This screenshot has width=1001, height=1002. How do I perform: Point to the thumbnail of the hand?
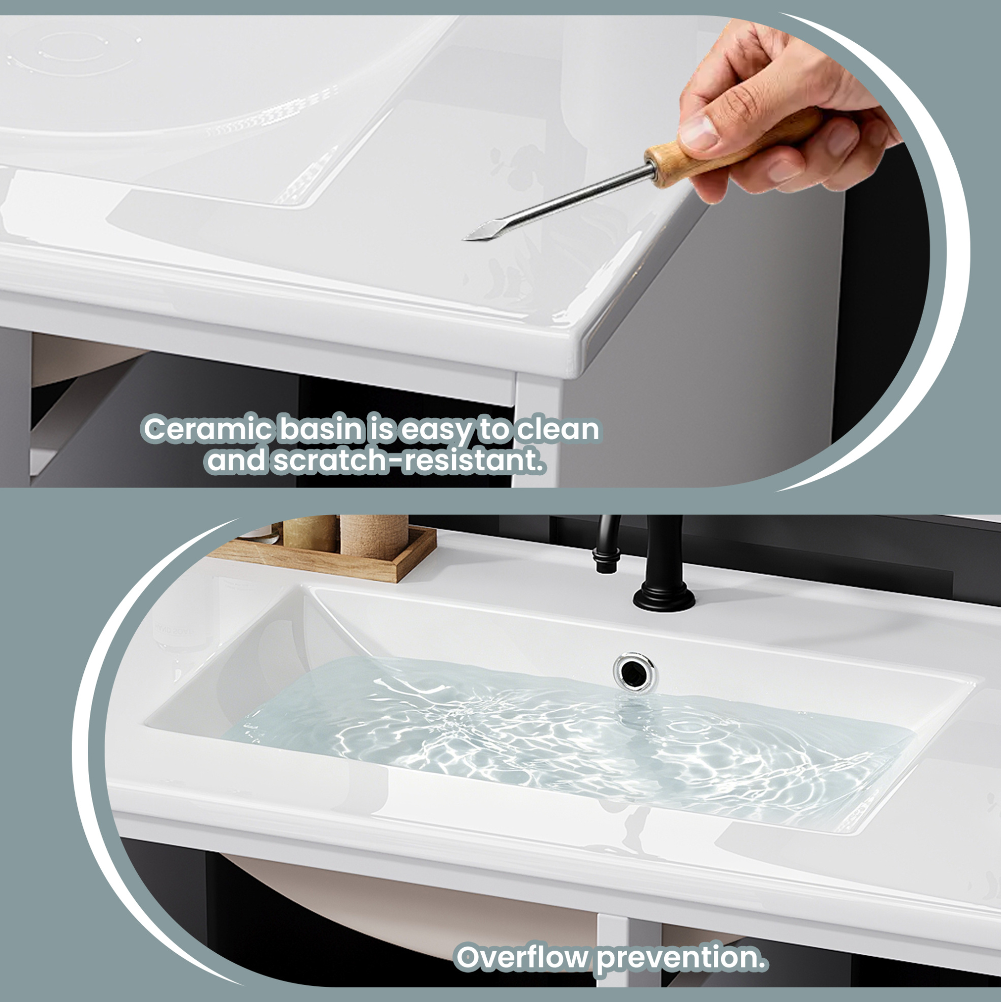(x=699, y=130)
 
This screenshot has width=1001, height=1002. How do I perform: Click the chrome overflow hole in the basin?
(x=634, y=672)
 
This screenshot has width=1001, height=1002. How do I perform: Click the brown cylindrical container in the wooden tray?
(x=374, y=537)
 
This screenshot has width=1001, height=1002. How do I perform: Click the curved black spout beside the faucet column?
(x=606, y=542)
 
